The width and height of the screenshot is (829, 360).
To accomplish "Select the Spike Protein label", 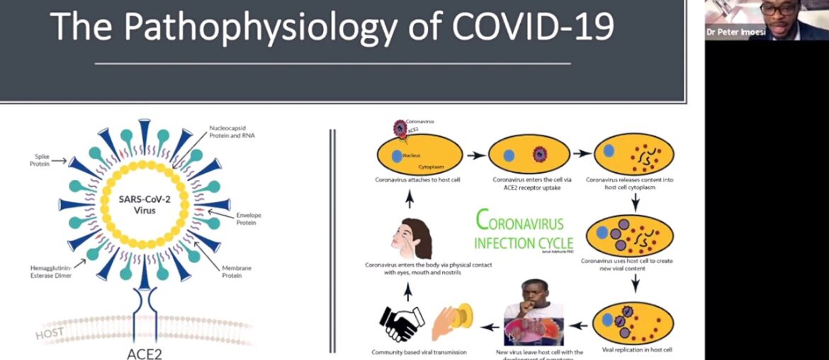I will click(40, 160).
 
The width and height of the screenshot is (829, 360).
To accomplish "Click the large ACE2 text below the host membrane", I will click(144, 351).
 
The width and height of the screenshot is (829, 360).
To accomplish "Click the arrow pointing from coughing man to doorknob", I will click(490, 327).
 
